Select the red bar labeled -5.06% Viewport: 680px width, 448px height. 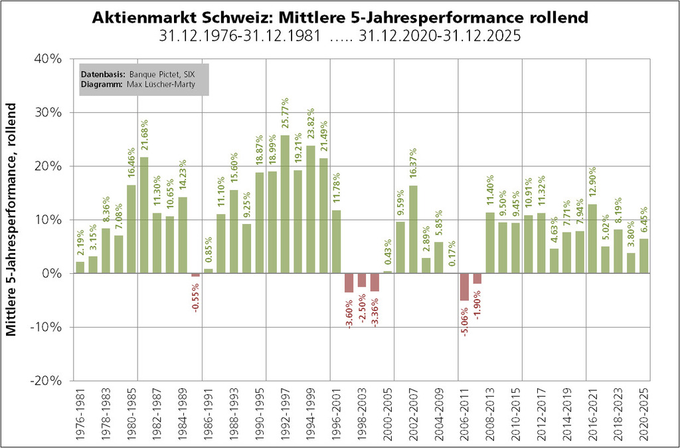pyautogui.click(x=465, y=287)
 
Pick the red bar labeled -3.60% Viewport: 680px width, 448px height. pyautogui.click(x=349, y=282)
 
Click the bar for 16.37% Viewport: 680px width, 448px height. pyautogui.click(x=414, y=229)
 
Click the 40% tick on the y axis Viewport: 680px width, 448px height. pyautogui.click(x=48, y=58)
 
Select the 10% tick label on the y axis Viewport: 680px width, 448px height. pyautogui.click(x=48, y=220)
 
